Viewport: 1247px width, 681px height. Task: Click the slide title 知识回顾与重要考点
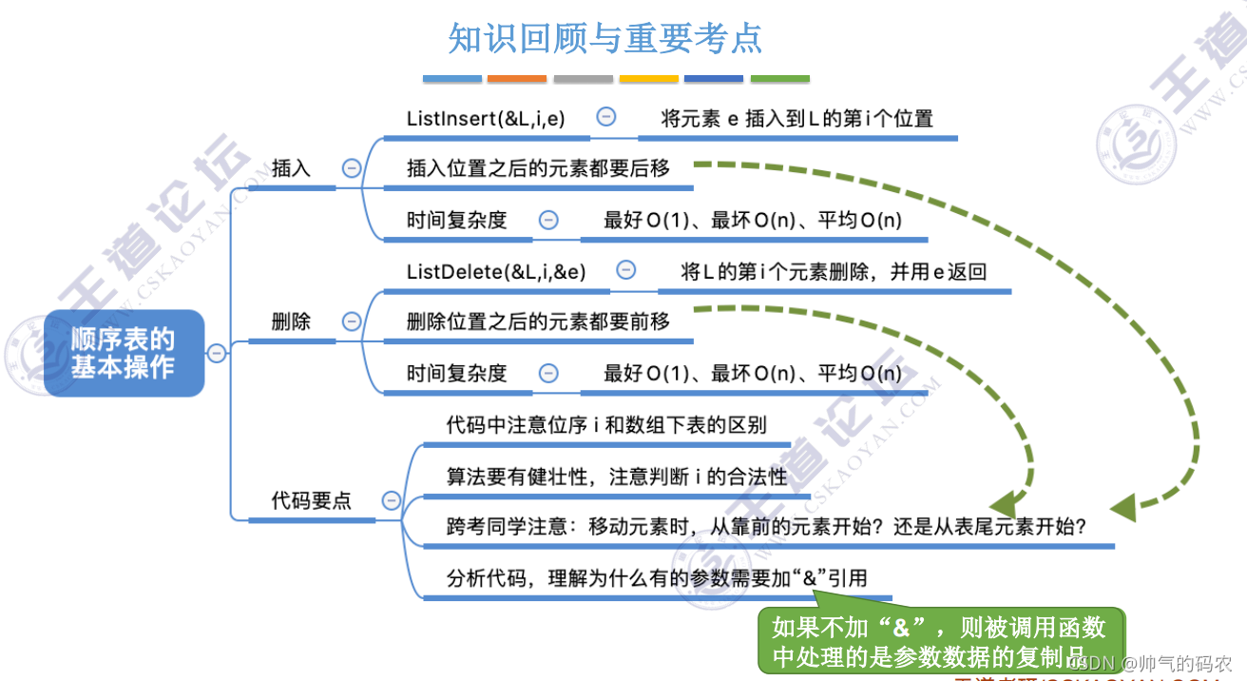coord(605,39)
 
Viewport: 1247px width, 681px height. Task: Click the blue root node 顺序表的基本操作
coord(124,353)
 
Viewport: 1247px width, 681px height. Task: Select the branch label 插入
coord(291,168)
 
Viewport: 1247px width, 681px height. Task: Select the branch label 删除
coord(291,321)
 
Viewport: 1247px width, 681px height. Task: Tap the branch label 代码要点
coord(311,500)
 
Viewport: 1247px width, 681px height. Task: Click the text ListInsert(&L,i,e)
coord(486,118)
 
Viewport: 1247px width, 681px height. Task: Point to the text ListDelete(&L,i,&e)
coord(496,272)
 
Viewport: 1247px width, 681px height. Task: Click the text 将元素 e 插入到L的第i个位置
coord(797,118)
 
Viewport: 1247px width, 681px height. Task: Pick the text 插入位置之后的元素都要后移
coord(538,168)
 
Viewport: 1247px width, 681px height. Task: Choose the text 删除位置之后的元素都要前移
coord(538,321)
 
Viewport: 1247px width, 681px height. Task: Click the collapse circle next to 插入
coord(351,168)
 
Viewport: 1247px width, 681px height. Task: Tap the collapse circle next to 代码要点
coord(391,500)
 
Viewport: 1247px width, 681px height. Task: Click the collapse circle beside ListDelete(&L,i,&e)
coord(625,271)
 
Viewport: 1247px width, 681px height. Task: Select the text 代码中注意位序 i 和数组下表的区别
coord(606,424)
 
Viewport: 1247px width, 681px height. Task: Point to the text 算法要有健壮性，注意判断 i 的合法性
coord(617,476)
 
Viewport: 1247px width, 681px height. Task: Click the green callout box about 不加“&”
coord(940,640)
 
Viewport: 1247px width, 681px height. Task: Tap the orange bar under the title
coord(517,78)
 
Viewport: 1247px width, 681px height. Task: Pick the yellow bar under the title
coord(648,78)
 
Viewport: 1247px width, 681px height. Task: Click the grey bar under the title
coord(583,78)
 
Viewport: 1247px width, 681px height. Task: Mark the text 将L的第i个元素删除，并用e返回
coord(834,272)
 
